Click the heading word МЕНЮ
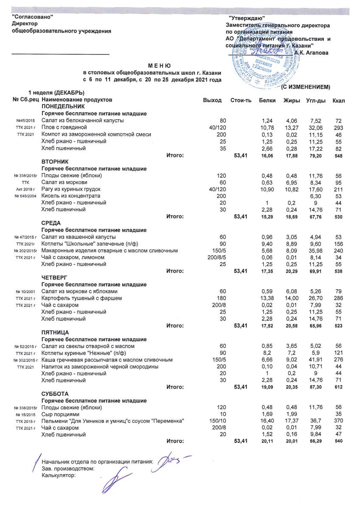159,66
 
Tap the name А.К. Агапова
313,52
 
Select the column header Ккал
339,100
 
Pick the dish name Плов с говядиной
64,127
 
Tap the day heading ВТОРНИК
55,162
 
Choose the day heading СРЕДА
51,223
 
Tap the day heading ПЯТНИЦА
55,332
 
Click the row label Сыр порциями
60,414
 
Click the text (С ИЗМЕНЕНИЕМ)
306,87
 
